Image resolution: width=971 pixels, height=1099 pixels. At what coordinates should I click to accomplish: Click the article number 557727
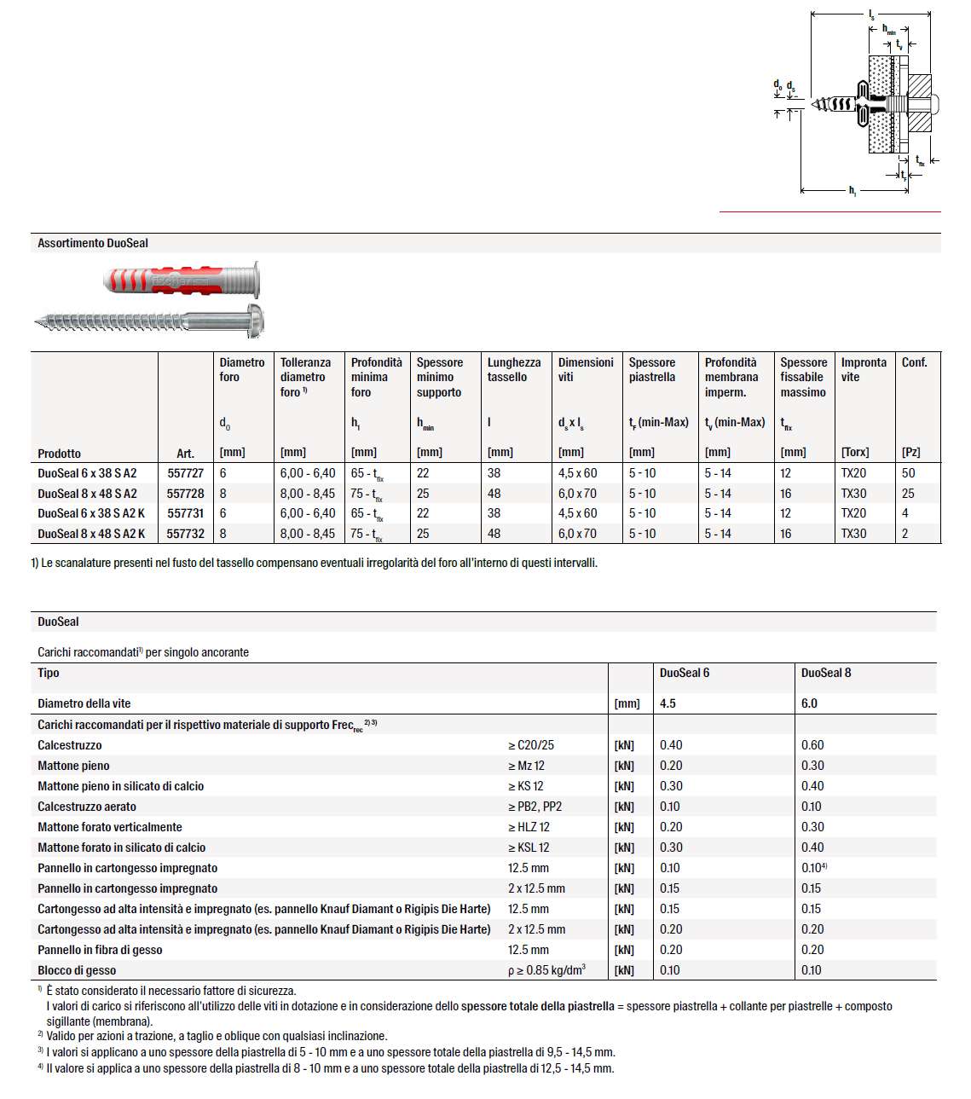point(185,473)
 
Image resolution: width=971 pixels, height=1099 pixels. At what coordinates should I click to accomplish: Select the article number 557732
point(185,534)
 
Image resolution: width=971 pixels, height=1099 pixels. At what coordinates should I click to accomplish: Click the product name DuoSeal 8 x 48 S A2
point(87,494)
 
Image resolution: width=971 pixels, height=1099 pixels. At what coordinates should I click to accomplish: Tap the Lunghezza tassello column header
point(513,369)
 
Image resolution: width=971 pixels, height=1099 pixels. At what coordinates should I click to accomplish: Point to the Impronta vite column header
point(863,369)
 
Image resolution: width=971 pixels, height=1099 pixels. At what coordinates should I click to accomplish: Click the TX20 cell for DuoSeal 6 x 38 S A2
point(853,473)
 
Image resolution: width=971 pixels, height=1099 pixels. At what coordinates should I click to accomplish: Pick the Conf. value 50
point(908,473)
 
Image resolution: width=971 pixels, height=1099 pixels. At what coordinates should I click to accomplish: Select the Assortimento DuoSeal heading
point(93,243)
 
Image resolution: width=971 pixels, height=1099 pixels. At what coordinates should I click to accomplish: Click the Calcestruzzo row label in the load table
point(70,745)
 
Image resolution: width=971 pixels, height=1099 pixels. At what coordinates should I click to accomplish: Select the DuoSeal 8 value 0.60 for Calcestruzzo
point(812,745)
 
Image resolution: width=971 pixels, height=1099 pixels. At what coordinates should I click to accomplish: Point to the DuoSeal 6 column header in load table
point(685,673)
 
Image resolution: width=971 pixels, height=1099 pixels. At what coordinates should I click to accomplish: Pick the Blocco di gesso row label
point(77,970)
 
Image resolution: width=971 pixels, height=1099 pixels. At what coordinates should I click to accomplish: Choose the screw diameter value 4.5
point(668,703)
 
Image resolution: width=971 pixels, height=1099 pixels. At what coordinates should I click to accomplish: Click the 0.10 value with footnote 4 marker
point(813,868)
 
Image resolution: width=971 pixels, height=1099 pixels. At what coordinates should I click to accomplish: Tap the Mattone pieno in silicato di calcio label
point(120,786)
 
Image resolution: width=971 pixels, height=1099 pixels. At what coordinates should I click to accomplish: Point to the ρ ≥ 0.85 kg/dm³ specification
point(546,970)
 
